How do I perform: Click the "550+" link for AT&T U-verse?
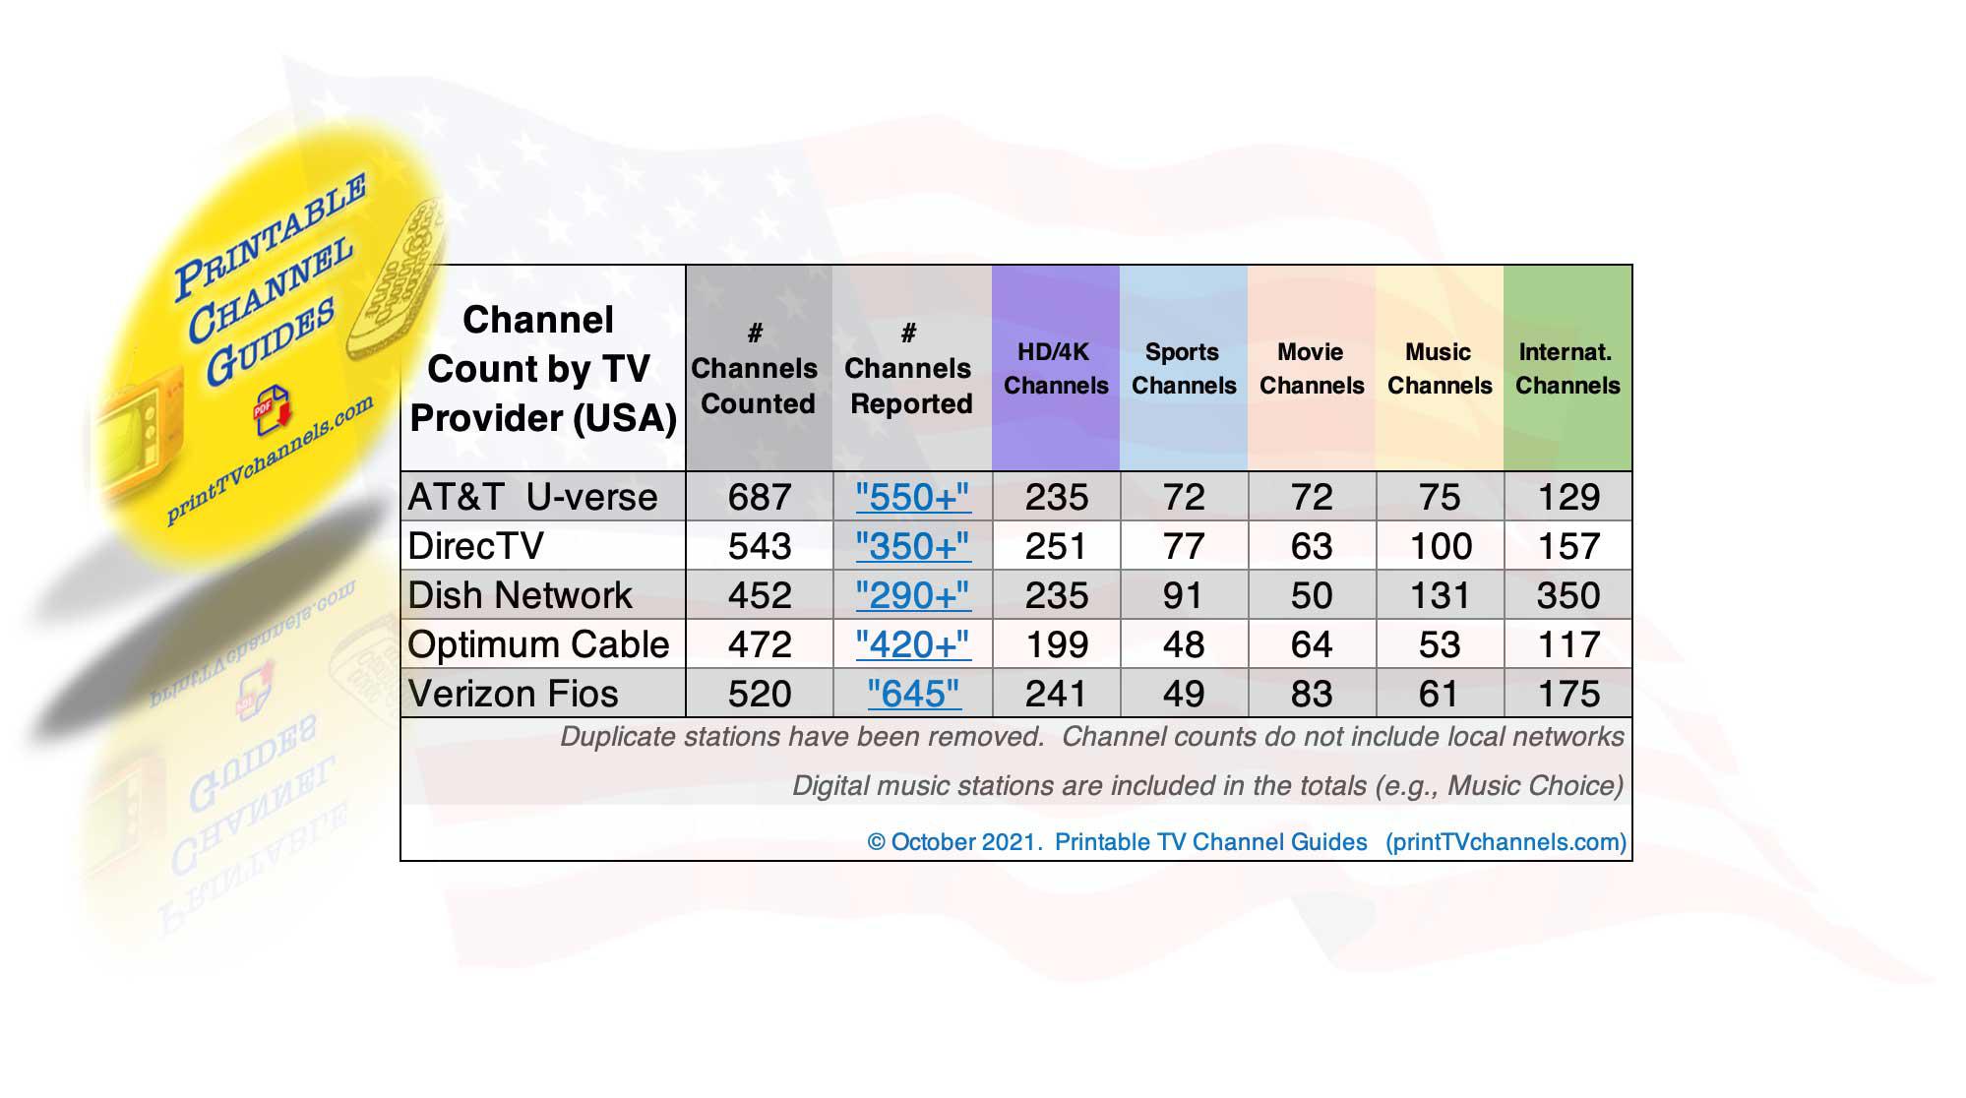coord(912,497)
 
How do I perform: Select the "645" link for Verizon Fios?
coord(913,694)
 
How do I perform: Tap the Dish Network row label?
coord(520,595)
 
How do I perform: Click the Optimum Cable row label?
coord(538,644)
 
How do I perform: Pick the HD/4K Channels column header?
coord(1056,368)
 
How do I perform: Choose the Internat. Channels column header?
coord(1567,368)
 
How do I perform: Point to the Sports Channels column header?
coord(1184,368)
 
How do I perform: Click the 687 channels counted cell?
coord(760,497)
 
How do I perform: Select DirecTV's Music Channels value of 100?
coord(1441,546)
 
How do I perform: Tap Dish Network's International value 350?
coord(1568,595)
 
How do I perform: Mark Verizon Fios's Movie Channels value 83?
coord(1312,694)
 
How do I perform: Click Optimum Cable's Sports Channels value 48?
coord(1184,644)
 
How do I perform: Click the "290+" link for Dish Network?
coord(912,595)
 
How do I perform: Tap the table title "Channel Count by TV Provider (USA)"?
coord(542,369)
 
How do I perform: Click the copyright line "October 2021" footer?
coord(1247,842)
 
